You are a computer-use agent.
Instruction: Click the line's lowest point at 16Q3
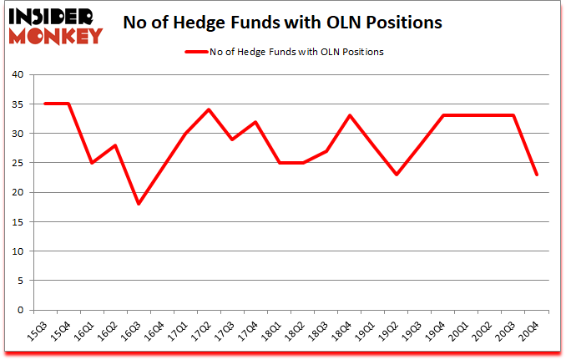(x=138, y=204)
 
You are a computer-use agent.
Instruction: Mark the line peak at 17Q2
(x=208, y=109)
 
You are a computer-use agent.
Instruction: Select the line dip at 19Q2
(x=396, y=175)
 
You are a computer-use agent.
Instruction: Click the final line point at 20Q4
(x=536, y=175)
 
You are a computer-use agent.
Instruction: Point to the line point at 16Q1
(x=91, y=163)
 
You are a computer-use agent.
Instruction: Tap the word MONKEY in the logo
(x=57, y=35)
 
